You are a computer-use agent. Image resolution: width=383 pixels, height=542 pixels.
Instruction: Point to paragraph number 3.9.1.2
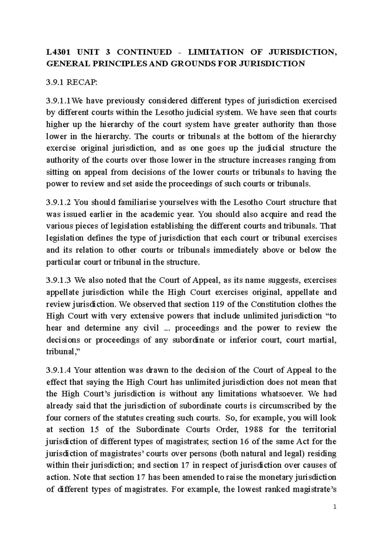(x=60, y=202)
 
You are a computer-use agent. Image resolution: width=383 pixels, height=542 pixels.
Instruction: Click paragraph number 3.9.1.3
(x=60, y=280)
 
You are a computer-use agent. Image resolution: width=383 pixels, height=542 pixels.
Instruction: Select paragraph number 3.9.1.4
(x=60, y=370)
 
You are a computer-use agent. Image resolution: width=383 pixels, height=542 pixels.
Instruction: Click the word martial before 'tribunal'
(x=322, y=340)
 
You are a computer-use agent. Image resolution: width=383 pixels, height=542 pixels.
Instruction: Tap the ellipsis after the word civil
(x=165, y=328)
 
